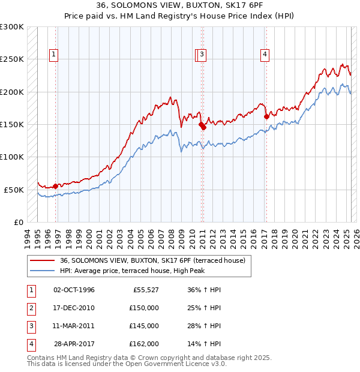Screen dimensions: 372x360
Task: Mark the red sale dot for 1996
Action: point(56,186)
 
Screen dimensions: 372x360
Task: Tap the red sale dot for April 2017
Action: point(266,116)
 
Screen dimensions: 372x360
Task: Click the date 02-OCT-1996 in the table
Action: point(74,290)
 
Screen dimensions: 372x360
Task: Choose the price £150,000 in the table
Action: point(144,308)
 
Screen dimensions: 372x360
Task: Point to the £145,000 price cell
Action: point(144,326)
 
